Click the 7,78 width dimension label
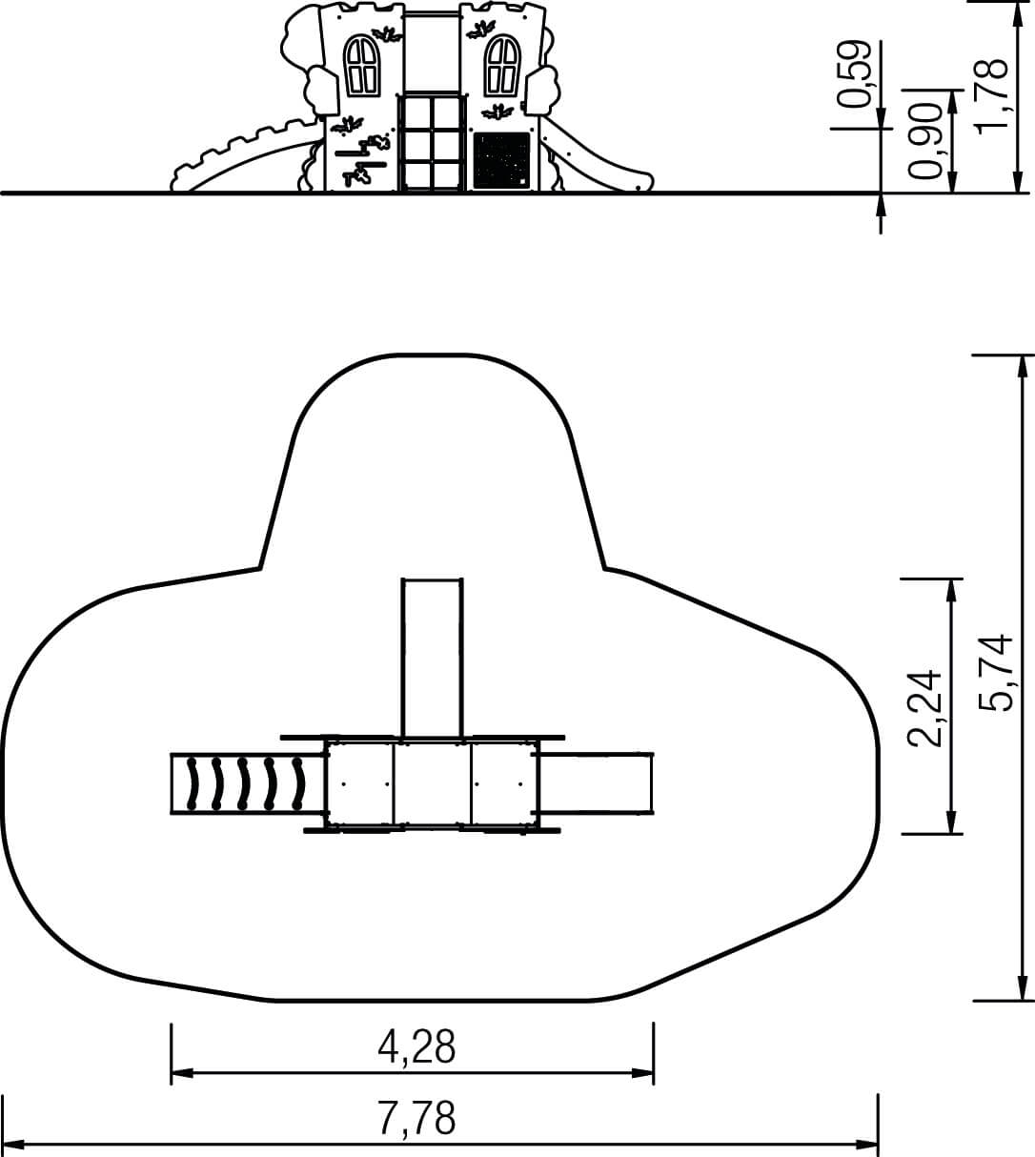[416, 1118]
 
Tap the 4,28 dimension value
[416, 1046]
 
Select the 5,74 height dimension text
[995, 672]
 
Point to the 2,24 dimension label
[923, 708]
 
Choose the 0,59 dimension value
[854, 73]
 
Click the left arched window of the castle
[361, 67]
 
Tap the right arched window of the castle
[502, 66]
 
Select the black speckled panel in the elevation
[501, 160]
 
